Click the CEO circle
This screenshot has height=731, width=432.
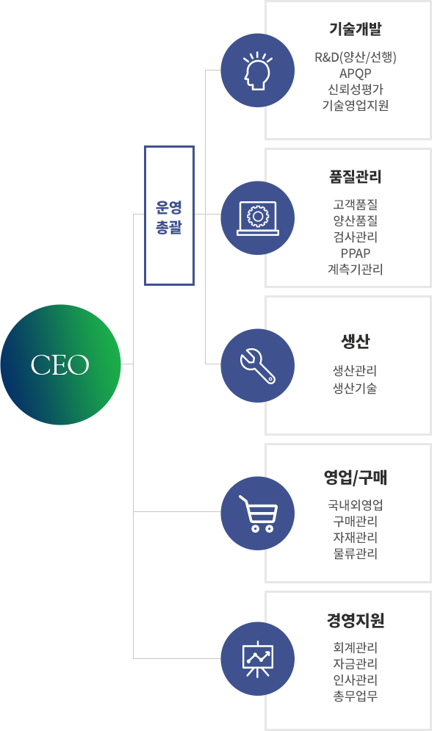tap(60, 364)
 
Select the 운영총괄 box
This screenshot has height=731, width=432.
tap(169, 215)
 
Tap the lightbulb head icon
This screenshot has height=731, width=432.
tap(258, 71)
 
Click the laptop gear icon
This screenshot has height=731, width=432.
tap(258, 218)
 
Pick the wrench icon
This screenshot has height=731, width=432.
tap(258, 366)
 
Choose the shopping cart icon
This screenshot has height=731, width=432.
tap(258, 514)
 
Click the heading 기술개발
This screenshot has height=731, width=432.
tap(355, 29)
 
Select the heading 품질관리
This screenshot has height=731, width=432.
tap(355, 177)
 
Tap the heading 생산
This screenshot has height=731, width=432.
tap(355, 342)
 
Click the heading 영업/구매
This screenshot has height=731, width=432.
tap(355, 478)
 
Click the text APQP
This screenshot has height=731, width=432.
tap(355, 73)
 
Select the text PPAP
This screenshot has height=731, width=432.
tap(355, 253)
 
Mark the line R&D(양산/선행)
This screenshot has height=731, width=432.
tap(355, 57)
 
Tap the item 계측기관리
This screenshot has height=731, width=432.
tap(355, 270)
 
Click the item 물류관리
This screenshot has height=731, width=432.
tap(355, 554)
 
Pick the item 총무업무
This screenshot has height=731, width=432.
tap(355, 696)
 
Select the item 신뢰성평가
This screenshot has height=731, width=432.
tap(355, 90)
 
